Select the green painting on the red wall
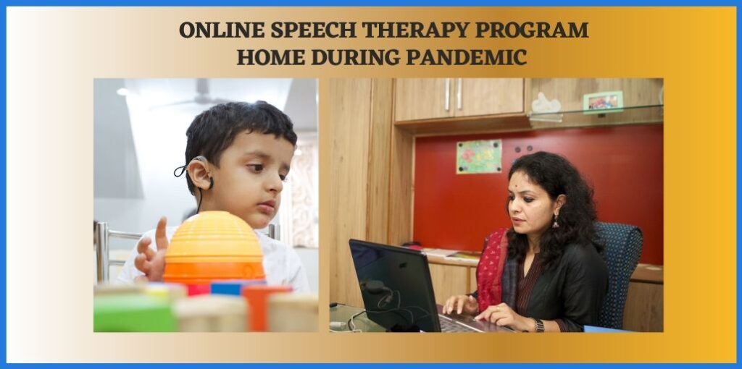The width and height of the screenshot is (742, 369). [x=478, y=156]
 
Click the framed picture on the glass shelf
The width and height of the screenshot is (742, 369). [x=603, y=101]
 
